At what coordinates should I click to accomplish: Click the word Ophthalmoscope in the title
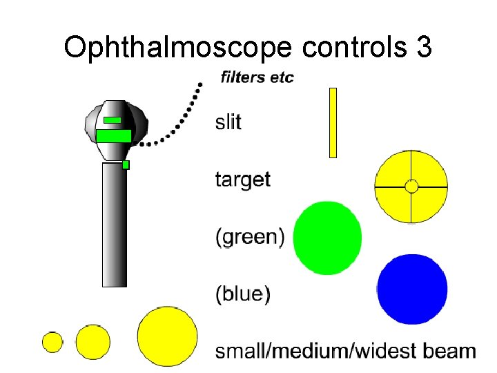[x=179, y=47]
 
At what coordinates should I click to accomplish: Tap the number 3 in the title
[x=424, y=47]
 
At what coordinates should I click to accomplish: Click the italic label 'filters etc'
[x=257, y=77]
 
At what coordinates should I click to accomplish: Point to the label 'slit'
[x=228, y=122]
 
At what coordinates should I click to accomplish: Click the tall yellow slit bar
[x=333, y=122]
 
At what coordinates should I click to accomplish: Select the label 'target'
[x=243, y=180]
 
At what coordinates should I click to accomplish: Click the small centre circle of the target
[x=411, y=186]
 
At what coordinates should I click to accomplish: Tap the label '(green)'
[x=249, y=238]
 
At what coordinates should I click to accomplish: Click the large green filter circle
[x=327, y=238]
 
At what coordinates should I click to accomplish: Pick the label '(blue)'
[x=243, y=294]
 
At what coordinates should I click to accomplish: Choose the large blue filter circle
[x=413, y=289]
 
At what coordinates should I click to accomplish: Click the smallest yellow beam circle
[x=52, y=342]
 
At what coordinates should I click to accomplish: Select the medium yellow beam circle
[x=92, y=341]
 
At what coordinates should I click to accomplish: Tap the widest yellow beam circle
[x=167, y=336]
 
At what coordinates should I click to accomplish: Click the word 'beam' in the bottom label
[x=448, y=351]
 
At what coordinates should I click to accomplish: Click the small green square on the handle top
[x=126, y=164]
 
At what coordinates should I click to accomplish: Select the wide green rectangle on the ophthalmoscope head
[x=113, y=135]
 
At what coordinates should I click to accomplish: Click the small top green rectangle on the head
[x=112, y=120]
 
